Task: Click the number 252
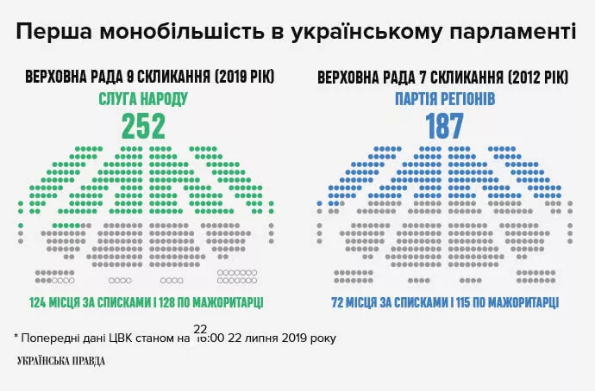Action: (x=143, y=126)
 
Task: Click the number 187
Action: (x=444, y=126)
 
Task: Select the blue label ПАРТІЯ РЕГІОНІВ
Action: (x=444, y=100)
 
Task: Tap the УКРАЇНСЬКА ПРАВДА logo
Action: (x=60, y=360)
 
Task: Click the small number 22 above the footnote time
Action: (x=201, y=328)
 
